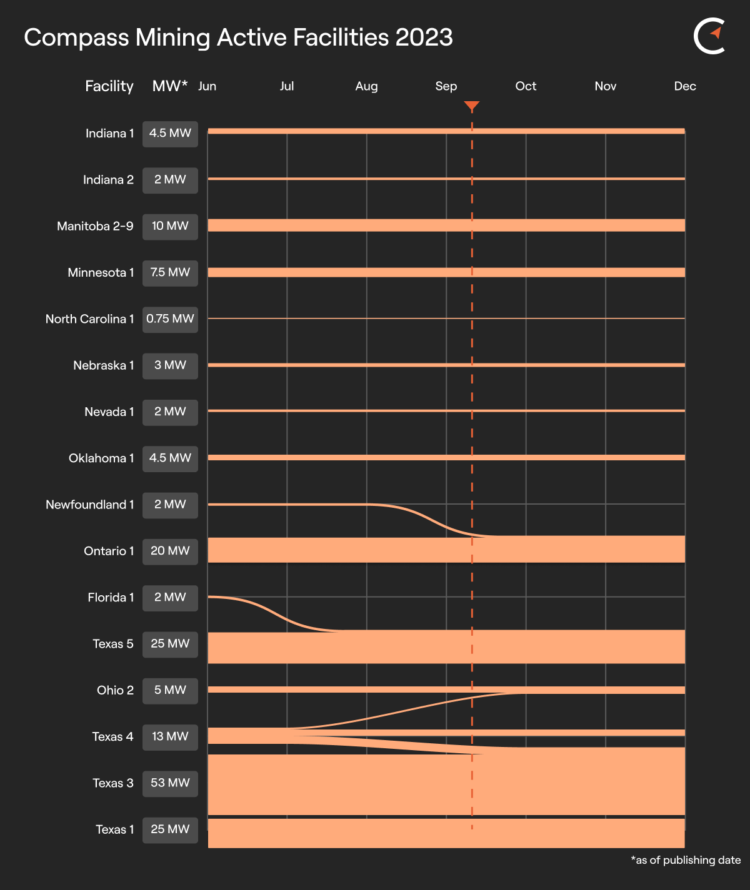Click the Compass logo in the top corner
(x=710, y=37)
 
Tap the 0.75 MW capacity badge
(x=170, y=319)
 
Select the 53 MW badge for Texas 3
(x=170, y=783)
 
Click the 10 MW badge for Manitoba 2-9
(x=170, y=226)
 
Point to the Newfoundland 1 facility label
(x=90, y=505)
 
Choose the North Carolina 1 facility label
(x=90, y=319)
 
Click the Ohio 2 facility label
(x=115, y=690)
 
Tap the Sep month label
(x=446, y=86)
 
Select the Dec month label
(x=685, y=86)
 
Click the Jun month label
(x=207, y=86)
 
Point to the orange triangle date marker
(x=472, y=106)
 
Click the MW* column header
(x=170, y=86)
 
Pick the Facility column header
(x=109, y=86)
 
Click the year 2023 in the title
(x=424, y=37)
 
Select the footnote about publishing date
(x=686, y=860)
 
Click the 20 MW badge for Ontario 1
(x=170, y=551)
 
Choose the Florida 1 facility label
(x=111, y=598)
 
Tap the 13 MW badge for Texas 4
(x=170, y=737)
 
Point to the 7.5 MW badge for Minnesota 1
(x=170, y=273)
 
